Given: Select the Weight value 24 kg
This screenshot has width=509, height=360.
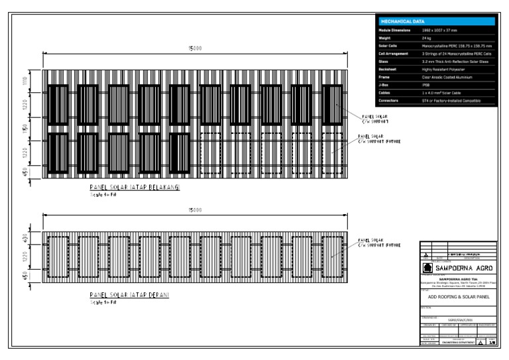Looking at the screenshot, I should coord(427,38).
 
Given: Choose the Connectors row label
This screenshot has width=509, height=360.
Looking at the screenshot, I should coord(390,100).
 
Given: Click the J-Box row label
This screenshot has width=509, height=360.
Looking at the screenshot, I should coord(384,85).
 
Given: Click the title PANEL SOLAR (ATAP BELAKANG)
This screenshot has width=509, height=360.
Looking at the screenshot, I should coord(135,188).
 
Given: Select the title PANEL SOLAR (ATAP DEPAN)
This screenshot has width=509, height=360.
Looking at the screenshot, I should coord(129,294).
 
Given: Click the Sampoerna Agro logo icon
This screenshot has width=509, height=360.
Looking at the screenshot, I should coord(428,269).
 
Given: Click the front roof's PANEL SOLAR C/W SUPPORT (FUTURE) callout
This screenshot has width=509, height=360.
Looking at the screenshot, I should coord(380,243).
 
